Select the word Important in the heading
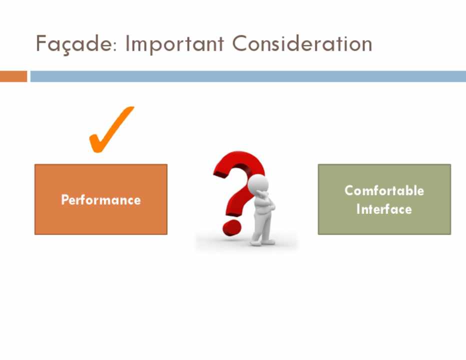click(175, 44)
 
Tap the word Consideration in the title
click(302, 43)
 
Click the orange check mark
click(111, 129)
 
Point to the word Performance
click(101, 200)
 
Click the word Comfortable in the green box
click(384, 190)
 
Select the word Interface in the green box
click(384, 209)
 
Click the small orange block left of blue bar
click(13, 76)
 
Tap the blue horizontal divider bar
click(248, 76)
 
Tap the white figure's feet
click(262, 242)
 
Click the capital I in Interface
click(358, 209)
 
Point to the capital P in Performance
click(65, 199)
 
